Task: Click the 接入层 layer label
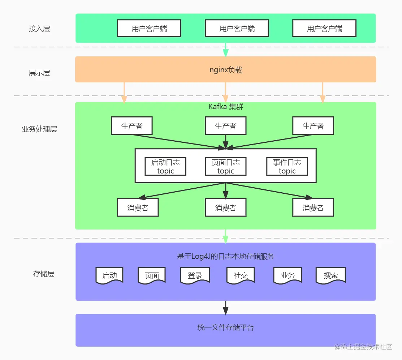[x=39, y=29]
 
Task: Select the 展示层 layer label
[x=39, y=73]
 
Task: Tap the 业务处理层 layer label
[x=39, y=129]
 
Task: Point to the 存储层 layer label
[x=44, y=274]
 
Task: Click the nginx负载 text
[x=226, y=70]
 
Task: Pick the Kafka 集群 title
[x=226, y=107]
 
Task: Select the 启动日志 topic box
[x=165, y=167]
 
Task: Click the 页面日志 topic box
[x=226, y=167]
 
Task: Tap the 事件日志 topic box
[x=287, y=167]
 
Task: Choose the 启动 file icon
[x=109, y=275]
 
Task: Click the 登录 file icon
[x=195, y=275]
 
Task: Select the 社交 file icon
[x=241, y=275]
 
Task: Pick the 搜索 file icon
[x=330, y=275]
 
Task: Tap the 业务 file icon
[x=288, y=275]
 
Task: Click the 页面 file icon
[x=152, y=275]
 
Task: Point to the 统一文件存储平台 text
[x=226, y=328]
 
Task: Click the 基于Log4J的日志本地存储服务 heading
[x=226, y=257]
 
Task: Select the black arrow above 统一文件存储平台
[x=226, y=307]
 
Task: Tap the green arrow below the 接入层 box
[x=226, y=50]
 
